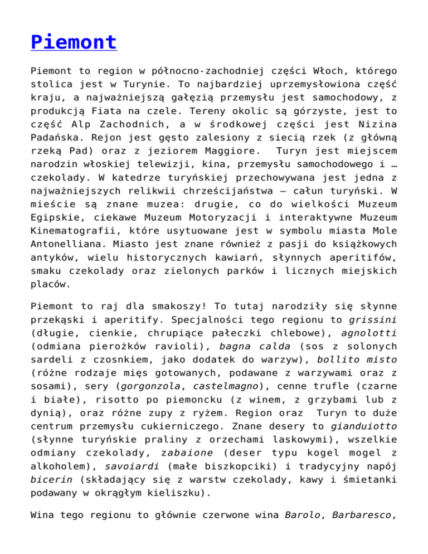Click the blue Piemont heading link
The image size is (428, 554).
[x=74, y=42]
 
